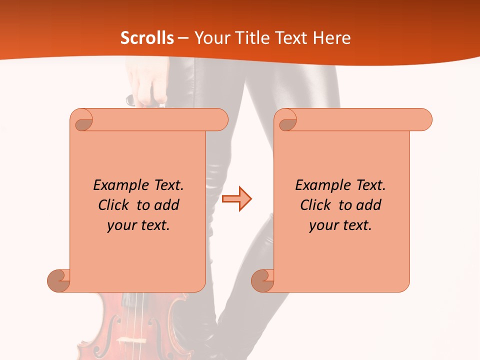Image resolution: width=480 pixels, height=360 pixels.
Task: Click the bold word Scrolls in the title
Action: pos(147,38)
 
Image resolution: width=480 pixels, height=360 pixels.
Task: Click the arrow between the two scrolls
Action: pos(236,199)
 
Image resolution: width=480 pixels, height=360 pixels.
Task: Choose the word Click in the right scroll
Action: pos(315,205)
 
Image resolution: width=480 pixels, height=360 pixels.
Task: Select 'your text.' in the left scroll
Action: pos(138,225)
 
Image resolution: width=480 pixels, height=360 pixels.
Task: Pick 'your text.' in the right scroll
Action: pos(340,225)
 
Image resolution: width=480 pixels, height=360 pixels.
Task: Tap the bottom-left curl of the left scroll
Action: pos(59,280)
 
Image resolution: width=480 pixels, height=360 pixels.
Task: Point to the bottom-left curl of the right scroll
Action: pos(263,280)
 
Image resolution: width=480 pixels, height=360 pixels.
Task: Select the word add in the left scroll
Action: pos(167,205)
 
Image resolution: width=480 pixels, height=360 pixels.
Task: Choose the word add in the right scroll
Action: pos(369,205)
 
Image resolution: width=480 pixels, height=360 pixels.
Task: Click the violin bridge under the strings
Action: pos(131,341)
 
